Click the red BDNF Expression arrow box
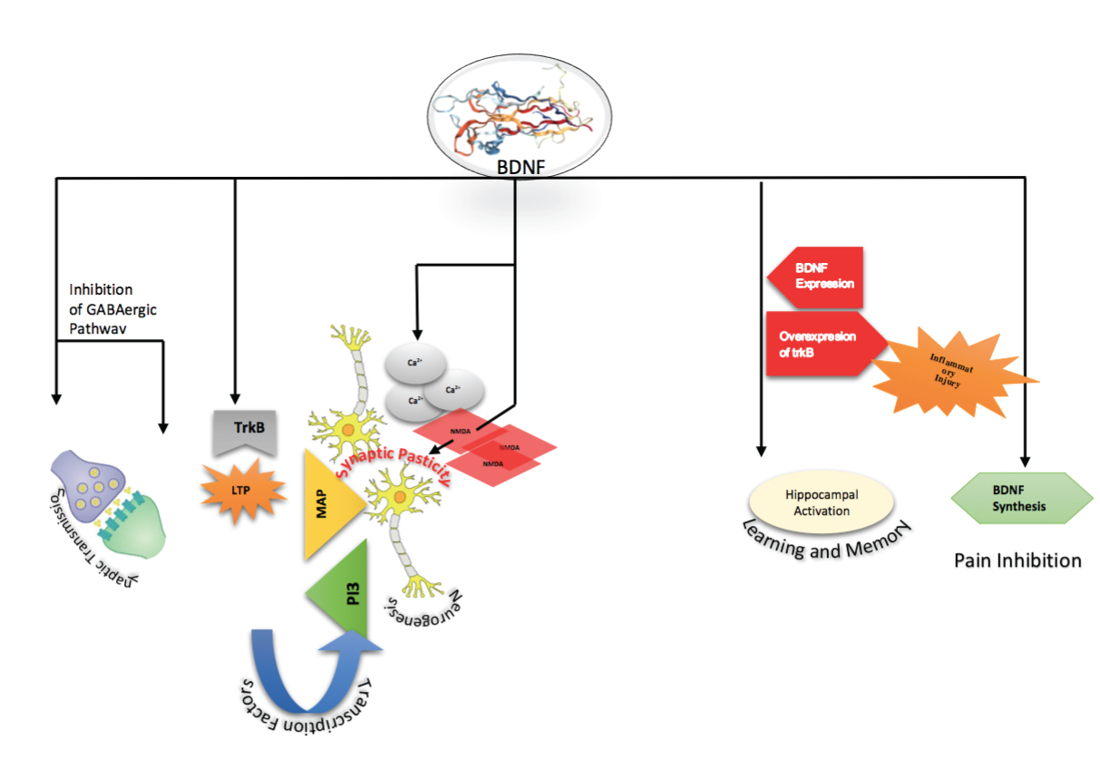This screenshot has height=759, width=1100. pos(816,277)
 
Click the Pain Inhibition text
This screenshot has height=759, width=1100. pos(1017,560)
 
